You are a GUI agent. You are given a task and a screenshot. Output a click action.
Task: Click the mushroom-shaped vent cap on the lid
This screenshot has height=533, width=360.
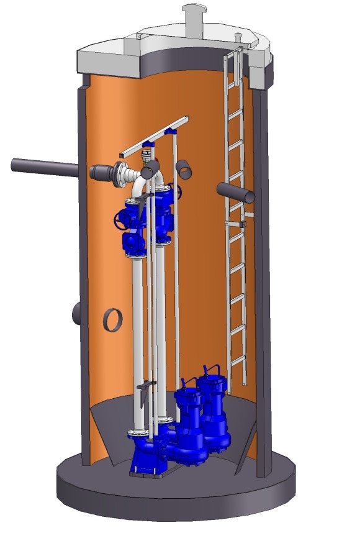(x=194, y=13)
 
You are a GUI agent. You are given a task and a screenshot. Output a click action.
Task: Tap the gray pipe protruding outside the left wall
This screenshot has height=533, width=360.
(x=43, y=167)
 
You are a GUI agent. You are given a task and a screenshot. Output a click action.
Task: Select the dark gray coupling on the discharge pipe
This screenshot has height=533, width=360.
(x=101, y=173)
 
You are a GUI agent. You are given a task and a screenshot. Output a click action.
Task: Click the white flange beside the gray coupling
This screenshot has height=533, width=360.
(x=121, y=175)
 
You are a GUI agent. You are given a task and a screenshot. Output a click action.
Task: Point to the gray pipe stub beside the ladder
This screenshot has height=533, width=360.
(x=236, y=192)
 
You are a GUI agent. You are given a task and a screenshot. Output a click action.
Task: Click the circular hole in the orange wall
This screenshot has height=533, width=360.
(x=112, y=319)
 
